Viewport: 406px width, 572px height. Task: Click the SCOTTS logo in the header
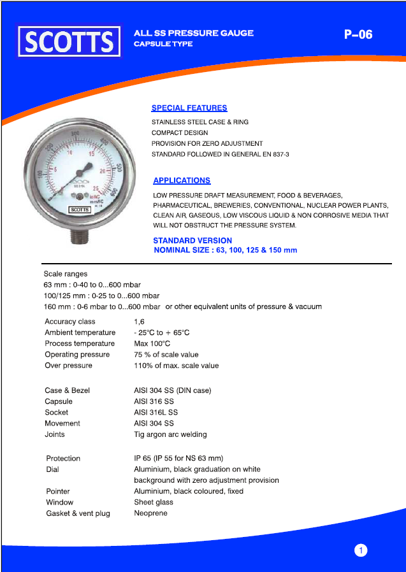point(69,41)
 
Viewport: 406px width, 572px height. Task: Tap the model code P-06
point(358,34)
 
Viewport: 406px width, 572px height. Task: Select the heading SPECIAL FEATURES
point(189,108)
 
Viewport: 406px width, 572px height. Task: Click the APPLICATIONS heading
point(182,181)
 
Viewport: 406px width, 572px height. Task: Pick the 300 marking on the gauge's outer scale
point(76,134)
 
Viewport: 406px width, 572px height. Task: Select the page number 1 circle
point(361,550)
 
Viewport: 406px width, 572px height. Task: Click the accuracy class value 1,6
point(139,322)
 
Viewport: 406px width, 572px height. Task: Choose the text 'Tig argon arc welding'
point(170,434)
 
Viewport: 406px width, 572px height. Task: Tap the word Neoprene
point(150,513)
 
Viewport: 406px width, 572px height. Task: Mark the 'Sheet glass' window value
point(154,503)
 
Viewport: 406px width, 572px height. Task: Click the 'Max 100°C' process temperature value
point(152,344)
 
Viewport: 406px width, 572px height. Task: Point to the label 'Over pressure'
point(68,366)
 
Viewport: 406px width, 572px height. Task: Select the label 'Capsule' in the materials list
point(59,402)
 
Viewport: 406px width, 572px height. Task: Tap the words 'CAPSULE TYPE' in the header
point(163,45)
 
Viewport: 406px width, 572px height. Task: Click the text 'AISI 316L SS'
point(156,413)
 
